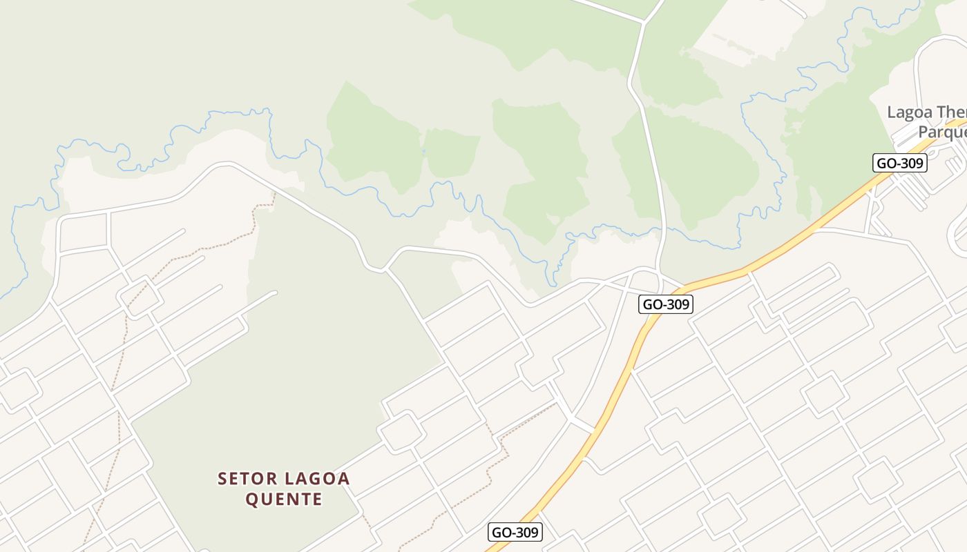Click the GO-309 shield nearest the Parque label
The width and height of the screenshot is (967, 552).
coord(899,164)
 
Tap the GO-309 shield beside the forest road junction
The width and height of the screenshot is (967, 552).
coord(666,304)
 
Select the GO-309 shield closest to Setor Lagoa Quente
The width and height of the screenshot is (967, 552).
coord(515,532)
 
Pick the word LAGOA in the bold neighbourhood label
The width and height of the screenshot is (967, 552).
coord(317,479)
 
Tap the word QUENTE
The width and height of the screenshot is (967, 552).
coord(284,499)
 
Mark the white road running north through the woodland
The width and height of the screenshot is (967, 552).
coord(649,138)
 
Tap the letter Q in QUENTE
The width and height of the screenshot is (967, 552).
coord(252,499)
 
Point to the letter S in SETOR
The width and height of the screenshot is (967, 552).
coord(222,479)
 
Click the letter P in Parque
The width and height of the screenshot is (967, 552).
coord(924,132)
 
